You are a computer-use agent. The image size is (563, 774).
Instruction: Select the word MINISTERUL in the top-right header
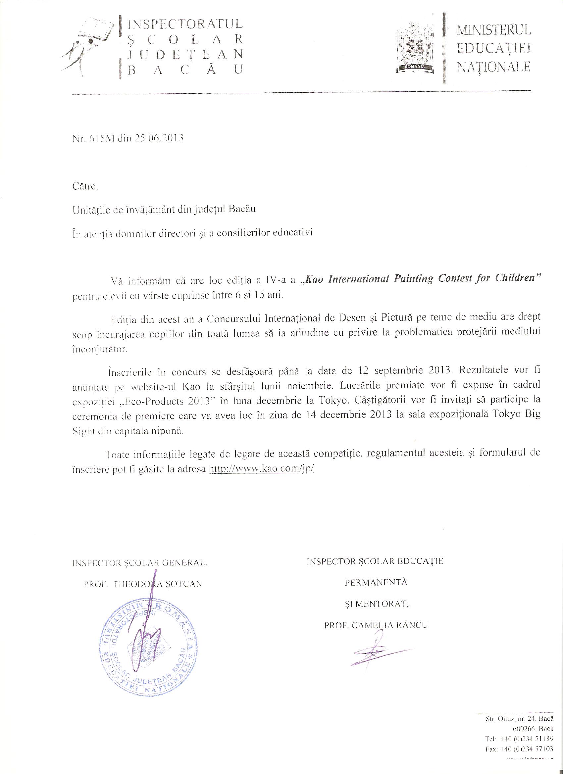(x=494, y=30)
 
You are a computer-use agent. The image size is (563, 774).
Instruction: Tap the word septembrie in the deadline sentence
(x=398, y=370)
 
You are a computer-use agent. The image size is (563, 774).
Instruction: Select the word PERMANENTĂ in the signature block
(x=376, y=582)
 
